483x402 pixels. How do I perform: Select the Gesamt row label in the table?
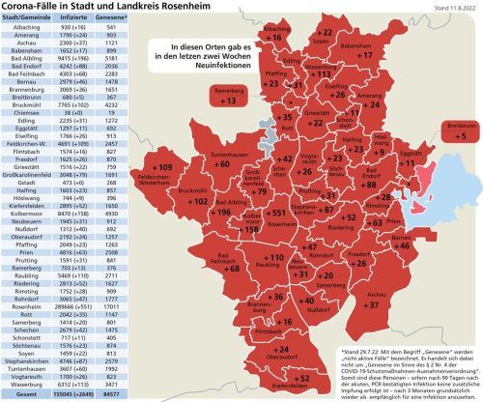(x=21, y=395)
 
